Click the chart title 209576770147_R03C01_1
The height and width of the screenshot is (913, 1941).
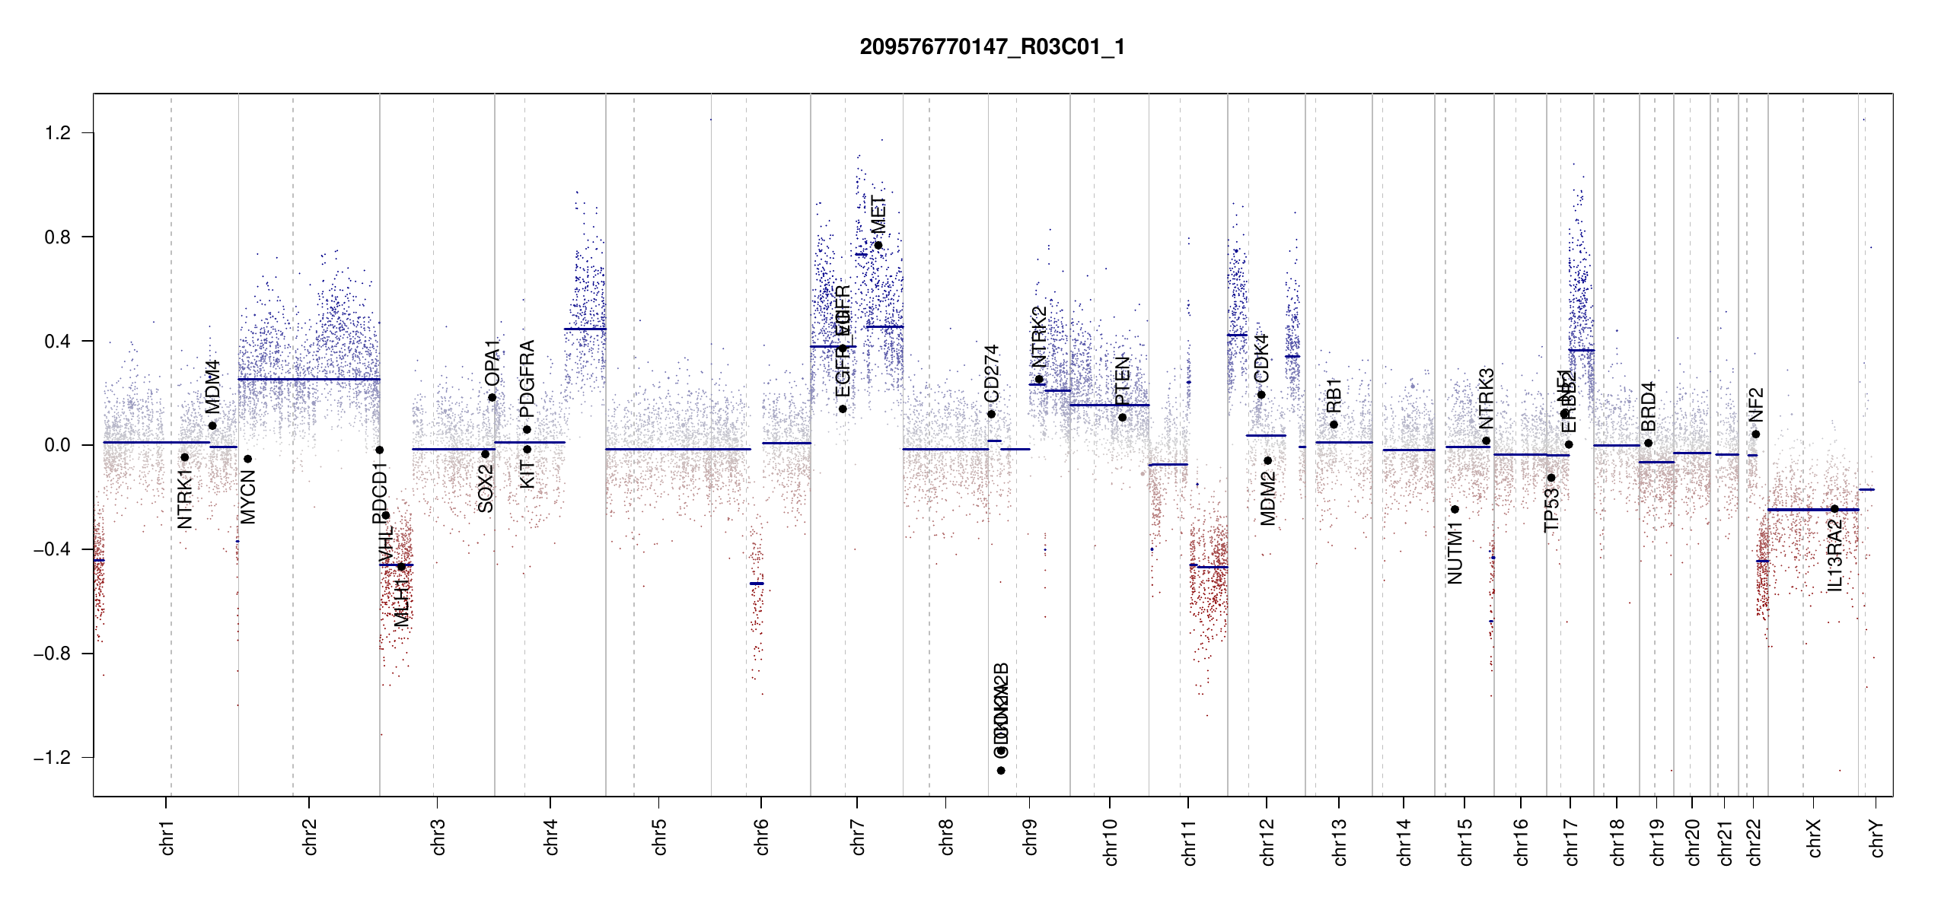coord(992,47)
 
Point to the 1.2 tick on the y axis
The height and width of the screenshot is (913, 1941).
coord(58,133)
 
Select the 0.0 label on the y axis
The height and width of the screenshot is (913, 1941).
coord(58,445)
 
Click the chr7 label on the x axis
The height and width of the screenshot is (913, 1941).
coord(858,838)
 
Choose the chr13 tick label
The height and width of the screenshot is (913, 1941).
coord(1339,841)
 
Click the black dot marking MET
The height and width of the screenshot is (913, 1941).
coord(878,245)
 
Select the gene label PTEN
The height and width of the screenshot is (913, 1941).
coord(1122,382)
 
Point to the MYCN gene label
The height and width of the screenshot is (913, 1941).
coord(248,497)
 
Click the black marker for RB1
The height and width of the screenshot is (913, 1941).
coord(1334,425)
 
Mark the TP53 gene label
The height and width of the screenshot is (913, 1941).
coord(1551,510)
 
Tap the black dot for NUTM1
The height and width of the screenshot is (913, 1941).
coord(1455,510)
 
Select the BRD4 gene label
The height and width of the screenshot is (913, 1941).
coord(1648,407)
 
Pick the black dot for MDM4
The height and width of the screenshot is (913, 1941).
coord(212,426)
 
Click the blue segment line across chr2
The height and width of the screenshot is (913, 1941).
coord(308,379)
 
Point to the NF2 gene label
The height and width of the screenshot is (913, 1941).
coord(1755,405)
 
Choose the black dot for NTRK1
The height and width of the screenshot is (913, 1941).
coord(184,457)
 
